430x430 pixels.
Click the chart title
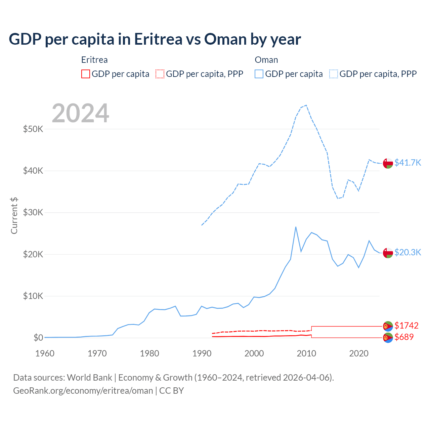[155, 39]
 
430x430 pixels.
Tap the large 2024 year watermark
[81, 113]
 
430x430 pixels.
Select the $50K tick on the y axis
[33, 129]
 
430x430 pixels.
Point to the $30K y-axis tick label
[33, 212]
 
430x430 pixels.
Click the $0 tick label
[38, 338]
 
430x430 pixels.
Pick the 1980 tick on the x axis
[149, 353]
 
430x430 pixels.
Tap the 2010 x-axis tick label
[306, 353]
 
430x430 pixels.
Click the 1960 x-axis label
[45, 353]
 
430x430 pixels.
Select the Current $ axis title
[14, 216]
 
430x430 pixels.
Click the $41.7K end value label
[407, 163]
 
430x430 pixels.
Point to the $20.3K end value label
[407, 252]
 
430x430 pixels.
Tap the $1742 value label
[406, 326]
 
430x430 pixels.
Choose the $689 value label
[404, 337]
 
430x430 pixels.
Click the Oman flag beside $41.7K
[388, 163]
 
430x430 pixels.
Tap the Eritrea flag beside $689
[388, 337]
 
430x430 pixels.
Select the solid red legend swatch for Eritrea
[86, 74]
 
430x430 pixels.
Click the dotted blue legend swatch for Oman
[334, 74]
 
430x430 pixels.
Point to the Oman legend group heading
[266, 60]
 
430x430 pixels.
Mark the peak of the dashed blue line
[306, 105]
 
